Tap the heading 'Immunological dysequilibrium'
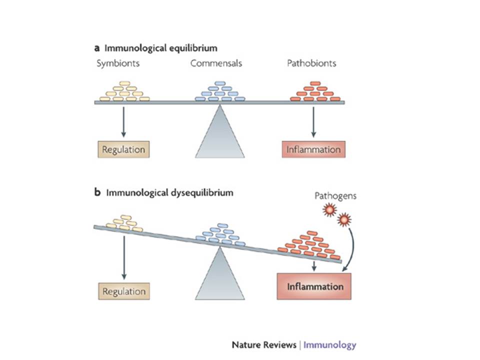(x=169, y=192)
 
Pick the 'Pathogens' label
(x=335, y=196)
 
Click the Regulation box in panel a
(x=123, y=149)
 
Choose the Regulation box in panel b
(x=123, y=291)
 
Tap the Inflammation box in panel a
(x=313, y=149)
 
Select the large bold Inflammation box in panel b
(x=314, y=286)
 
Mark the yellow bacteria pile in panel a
(x=124, y=92)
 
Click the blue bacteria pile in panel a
(x=219, y=91)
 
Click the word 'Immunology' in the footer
(x=330, y=345)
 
